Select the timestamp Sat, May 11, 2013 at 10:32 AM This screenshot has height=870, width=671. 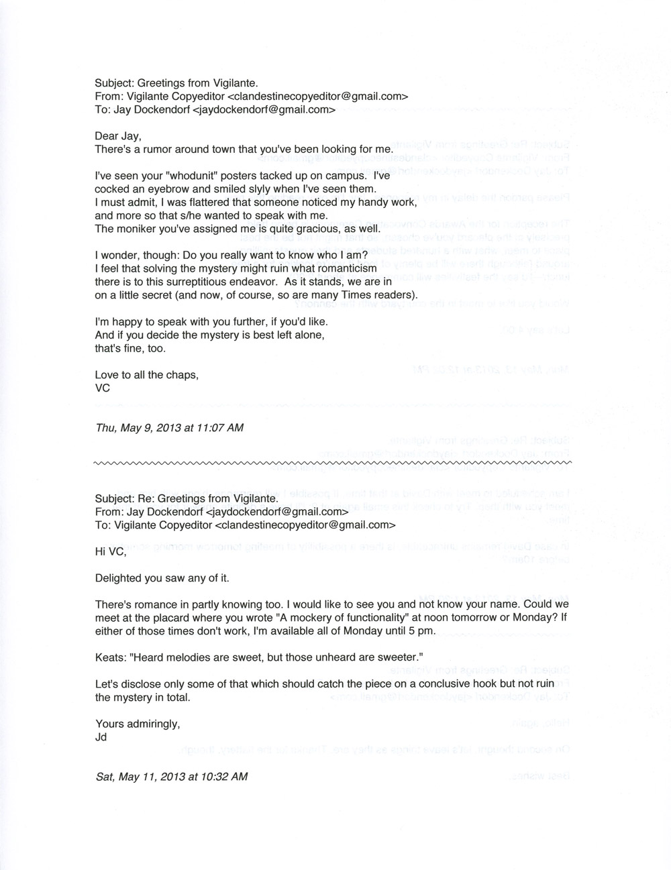[x=171, y=776]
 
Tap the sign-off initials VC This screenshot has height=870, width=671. [x=103, y=388]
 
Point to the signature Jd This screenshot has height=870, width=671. [x=102, y=737]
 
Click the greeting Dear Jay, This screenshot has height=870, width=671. [x=118, y=135]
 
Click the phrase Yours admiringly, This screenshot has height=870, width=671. [x=138, y=724]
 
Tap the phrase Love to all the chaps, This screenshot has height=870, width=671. [x=147, y=375]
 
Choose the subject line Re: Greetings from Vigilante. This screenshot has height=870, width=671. [x=186, y=499]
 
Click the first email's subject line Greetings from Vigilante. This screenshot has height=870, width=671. [x=176, y=83]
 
